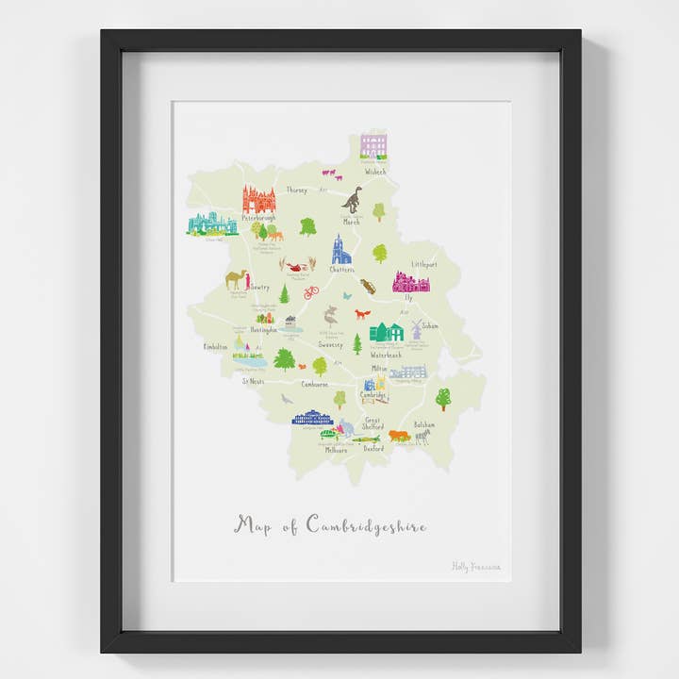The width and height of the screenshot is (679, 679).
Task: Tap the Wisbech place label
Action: click(375, 172)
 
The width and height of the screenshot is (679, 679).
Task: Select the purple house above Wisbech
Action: click(373, 146)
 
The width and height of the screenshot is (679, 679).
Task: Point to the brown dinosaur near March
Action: click(352, 200)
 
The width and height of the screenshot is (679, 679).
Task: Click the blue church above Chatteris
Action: click(340, 250)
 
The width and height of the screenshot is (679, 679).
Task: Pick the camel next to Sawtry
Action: click(236, 279)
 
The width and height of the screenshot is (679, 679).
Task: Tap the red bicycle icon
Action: click(311, 292)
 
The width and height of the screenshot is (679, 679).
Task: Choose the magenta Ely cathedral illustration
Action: click(411, 282)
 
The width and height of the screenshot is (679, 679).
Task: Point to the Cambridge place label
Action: click(373, 395)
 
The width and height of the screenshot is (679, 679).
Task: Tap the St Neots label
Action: click(253, 382)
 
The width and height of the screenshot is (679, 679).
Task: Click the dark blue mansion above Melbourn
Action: click(312, 418)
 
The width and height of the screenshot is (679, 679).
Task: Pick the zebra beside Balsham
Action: click(422, 437)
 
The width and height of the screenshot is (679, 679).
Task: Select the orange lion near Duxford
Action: click(399, 436)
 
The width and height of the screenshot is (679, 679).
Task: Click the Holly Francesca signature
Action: click(476, 567)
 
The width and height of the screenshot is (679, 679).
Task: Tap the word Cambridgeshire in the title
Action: click(366, 525)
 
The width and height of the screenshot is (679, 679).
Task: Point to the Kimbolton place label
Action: click(215, 347)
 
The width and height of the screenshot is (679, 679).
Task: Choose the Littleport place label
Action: click(424, 266)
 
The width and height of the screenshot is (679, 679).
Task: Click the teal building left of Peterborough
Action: click(212, 224)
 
